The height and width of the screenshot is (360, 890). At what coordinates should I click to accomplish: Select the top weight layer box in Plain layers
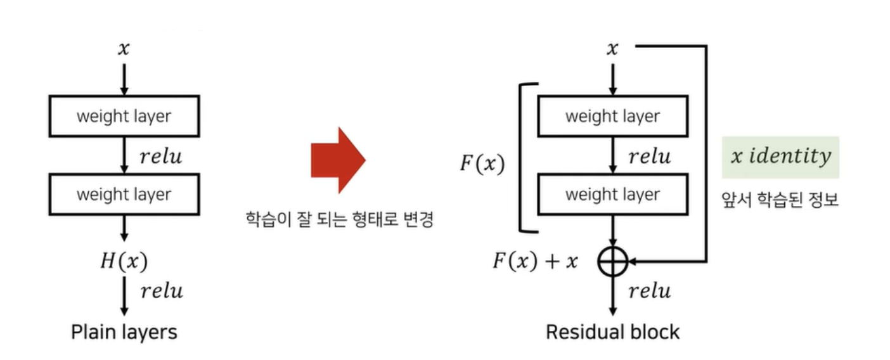[x=124, y=116]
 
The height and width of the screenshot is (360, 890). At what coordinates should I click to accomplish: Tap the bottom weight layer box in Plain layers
[x=124, y=194]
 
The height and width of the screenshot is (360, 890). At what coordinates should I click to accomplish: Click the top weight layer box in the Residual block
[x=612, y=116]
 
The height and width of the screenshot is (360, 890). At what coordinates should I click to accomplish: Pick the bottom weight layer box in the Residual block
[x=612, y=194]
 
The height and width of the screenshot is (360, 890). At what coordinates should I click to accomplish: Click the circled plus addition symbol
[x=612, y=260]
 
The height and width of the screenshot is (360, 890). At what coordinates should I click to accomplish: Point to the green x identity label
[x=780, y=157]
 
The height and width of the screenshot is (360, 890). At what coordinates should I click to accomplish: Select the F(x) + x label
[x=536, y=260]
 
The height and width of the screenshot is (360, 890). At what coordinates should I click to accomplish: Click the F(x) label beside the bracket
[x=482, y=164]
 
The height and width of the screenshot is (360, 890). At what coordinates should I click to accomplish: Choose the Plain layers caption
[x=124, y=331]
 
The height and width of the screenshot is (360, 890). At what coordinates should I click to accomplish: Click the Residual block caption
[x=612, y=331]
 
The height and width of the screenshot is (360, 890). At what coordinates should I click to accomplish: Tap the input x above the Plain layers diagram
[x=124, y=49]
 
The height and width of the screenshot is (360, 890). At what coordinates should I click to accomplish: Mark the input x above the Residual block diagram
[x=612, y=49]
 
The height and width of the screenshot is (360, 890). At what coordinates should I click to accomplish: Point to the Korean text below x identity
[x=780, y=200]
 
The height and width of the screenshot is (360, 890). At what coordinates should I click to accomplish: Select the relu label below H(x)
[x=162, y=291]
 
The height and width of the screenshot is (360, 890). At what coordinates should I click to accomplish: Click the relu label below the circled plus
[x=650, y=291]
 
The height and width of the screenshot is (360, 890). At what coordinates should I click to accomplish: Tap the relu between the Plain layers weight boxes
[x=161, y=156]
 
